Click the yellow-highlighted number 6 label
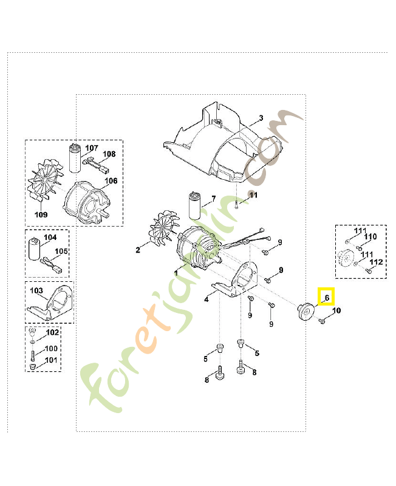pyautogui.click(x=327, y=298)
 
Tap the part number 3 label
pyautogui.click(x=261, y=118)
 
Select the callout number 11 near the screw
pyautogui.click(x=253, y=195)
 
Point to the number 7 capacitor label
pyautogui.click(x=214, y=199)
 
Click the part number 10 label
pyautogui.click(x=336, y=310)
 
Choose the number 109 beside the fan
pyautogui.click(x=41, y=214)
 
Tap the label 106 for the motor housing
pyautogui.click(x=111, y=180)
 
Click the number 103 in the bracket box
pyautogui.click(x=36, y=290)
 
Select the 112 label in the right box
pyautogui.click(x=376, y=262)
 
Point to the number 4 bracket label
pyautogui.click(x=207, y=299)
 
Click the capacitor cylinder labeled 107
pyautogui.click(x=75, y=158)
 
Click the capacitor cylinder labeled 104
pyautogui.click(x=34, y=248)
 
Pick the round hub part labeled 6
pyautogui.click(x=306, y=311)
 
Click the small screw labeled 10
pyautogui.click(x=322, y=321)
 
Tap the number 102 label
pyautogui.click(x=52, y=332)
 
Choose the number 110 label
pyautogui.click(x=370, y=236)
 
